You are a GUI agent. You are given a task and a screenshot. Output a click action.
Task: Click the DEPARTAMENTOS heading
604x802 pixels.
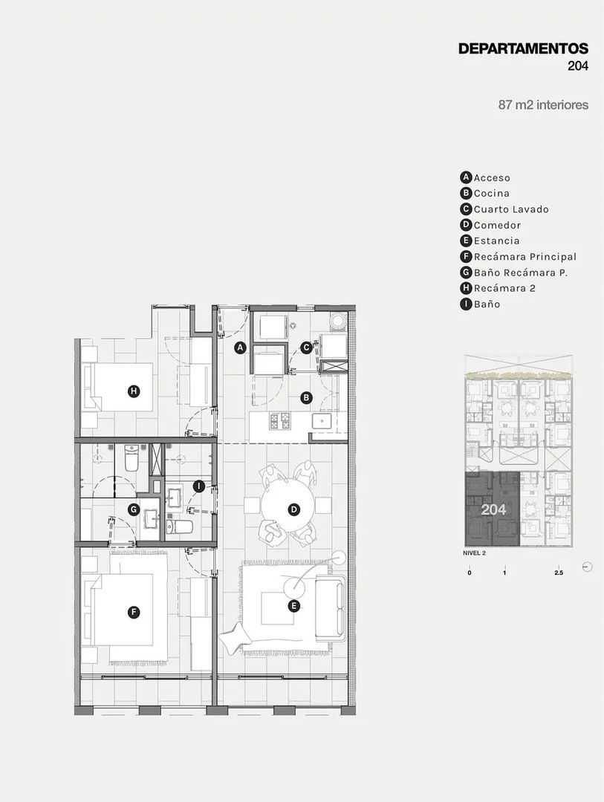coord(523,48)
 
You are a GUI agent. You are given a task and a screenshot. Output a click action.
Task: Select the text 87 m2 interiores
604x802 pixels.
coord(543,105)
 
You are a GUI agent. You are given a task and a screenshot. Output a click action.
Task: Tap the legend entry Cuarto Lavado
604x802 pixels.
coord(511,209)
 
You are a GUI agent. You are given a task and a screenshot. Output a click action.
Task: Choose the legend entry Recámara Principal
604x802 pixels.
coord(525,257)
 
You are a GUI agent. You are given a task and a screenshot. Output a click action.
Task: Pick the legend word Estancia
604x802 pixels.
coord(496,241)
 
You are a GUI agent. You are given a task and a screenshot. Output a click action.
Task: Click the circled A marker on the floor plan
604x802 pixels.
coord(239,348)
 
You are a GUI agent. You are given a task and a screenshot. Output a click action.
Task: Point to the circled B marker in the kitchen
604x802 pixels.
coord(306,397)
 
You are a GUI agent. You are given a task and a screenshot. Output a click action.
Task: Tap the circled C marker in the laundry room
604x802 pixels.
coord(306,348)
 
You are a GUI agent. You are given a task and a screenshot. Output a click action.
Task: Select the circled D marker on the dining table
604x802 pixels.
coord(293,509)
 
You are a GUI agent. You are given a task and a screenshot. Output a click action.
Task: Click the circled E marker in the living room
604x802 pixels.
coord(293,606)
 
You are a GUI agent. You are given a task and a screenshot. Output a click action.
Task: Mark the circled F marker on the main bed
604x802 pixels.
coord(133,612)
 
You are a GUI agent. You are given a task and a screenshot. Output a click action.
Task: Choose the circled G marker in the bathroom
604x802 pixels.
coord(134,509)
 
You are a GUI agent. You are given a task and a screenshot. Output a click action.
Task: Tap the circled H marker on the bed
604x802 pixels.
coord(134,391)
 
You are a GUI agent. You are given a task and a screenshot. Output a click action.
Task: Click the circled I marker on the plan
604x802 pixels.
coord(199,486)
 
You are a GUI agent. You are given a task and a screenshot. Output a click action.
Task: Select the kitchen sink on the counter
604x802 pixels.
coord(322,422)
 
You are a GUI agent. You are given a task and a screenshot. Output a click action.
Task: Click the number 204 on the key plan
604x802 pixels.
coord(493,509)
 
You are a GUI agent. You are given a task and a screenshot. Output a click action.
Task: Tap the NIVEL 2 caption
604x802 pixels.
coord(475,553)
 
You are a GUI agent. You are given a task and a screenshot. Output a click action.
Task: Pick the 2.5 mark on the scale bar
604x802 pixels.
coord(559,573)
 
